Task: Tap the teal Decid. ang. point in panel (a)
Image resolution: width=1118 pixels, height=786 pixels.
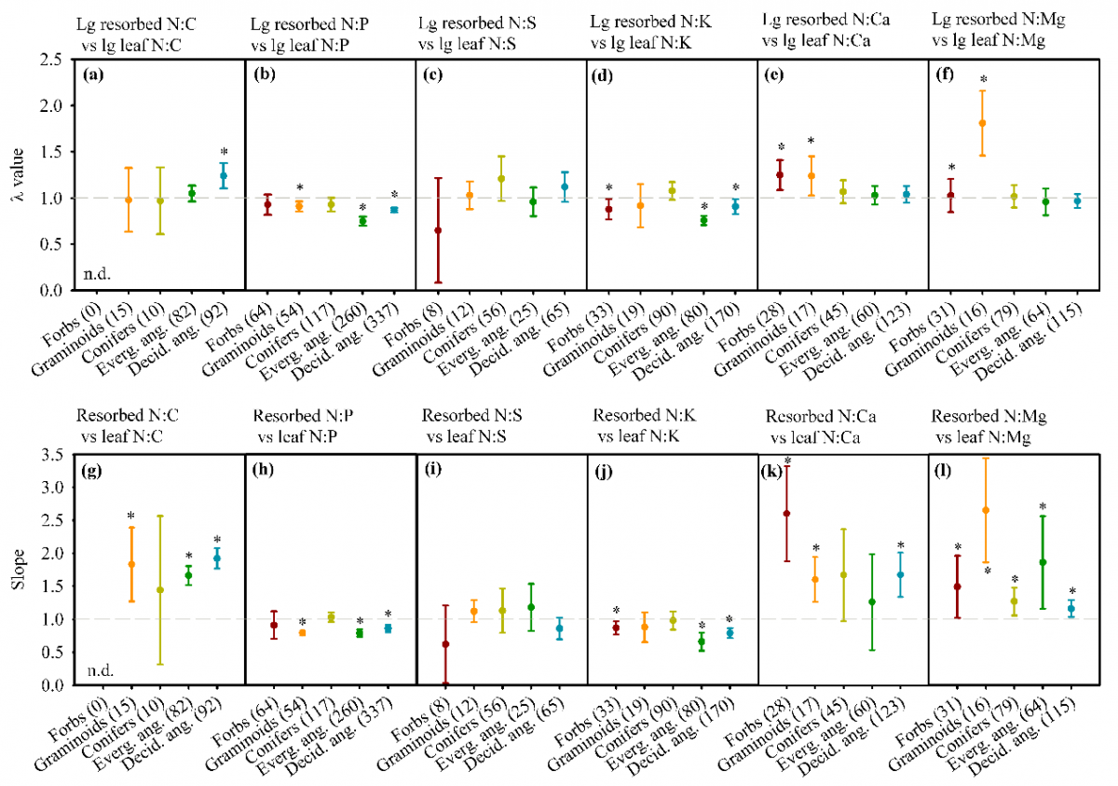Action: tap(224, 175)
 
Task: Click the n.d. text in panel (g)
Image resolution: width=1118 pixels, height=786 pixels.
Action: tap(94, 669)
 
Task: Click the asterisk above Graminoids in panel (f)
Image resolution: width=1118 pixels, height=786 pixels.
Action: tap(982, 80)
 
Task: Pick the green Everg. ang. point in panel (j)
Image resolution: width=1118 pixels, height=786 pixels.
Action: tap(702, 641)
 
